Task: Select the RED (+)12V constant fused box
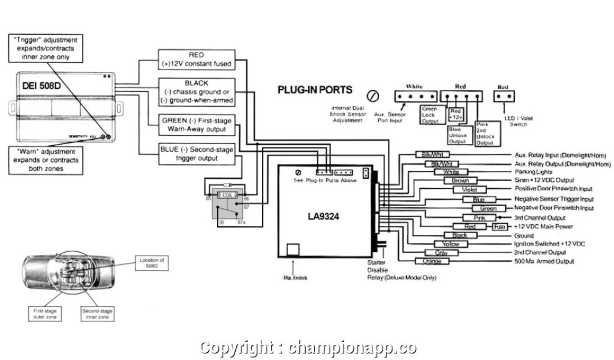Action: pyautogui.click(x=196, y=59)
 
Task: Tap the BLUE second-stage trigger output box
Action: pyautogui.click(x=196, y=153)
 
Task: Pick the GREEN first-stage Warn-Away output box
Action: pyautogui.click(x=196, y=125)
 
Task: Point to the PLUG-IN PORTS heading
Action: pyautogui.click(x=315, y=90)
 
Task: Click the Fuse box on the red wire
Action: pyautogui.click(x=499, y=227)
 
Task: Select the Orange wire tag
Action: pyautogui.click(x=432, y=261)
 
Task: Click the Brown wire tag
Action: pyautogui.click(x=460, y=180)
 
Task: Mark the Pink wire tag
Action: pyautogui.click(x=480, y=217)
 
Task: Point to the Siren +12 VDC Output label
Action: pyautogui.click(x=544, y=180)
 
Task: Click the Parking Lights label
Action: pyautogui.click(x=533, y=172)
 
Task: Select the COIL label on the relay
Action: pyautogui.click(x=227, y=196)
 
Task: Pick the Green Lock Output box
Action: pyautogui.click(x=430, y=115)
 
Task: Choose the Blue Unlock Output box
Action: pyautogui.click(x=458, y=134)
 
